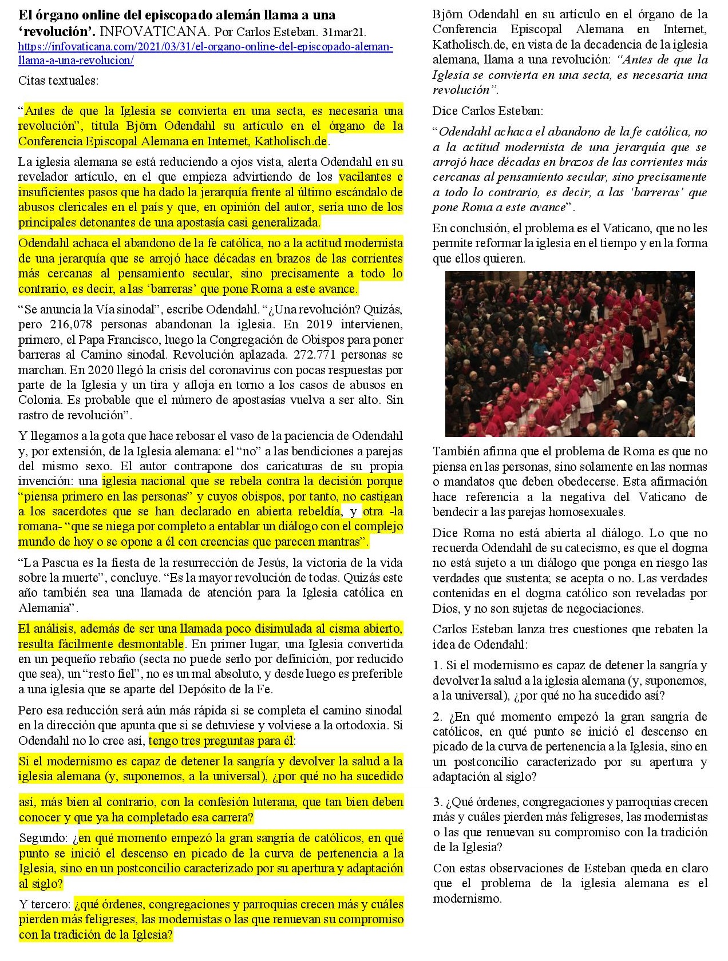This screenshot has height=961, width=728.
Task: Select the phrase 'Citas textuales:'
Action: click(58, 81)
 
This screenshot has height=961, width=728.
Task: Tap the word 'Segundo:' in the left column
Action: click(43, 839)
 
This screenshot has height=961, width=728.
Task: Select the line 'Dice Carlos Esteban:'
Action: click(488, 110)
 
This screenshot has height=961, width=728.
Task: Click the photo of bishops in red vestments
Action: click(569, 354)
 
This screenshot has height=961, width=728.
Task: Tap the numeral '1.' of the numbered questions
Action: click(437, 665)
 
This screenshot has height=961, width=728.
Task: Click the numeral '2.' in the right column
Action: click(438, 717)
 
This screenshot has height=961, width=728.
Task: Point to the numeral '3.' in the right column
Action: click(438, 802)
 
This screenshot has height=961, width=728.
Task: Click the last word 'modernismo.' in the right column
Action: click(467, 898)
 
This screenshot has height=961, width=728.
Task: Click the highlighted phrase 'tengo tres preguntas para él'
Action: click(221, 741)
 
